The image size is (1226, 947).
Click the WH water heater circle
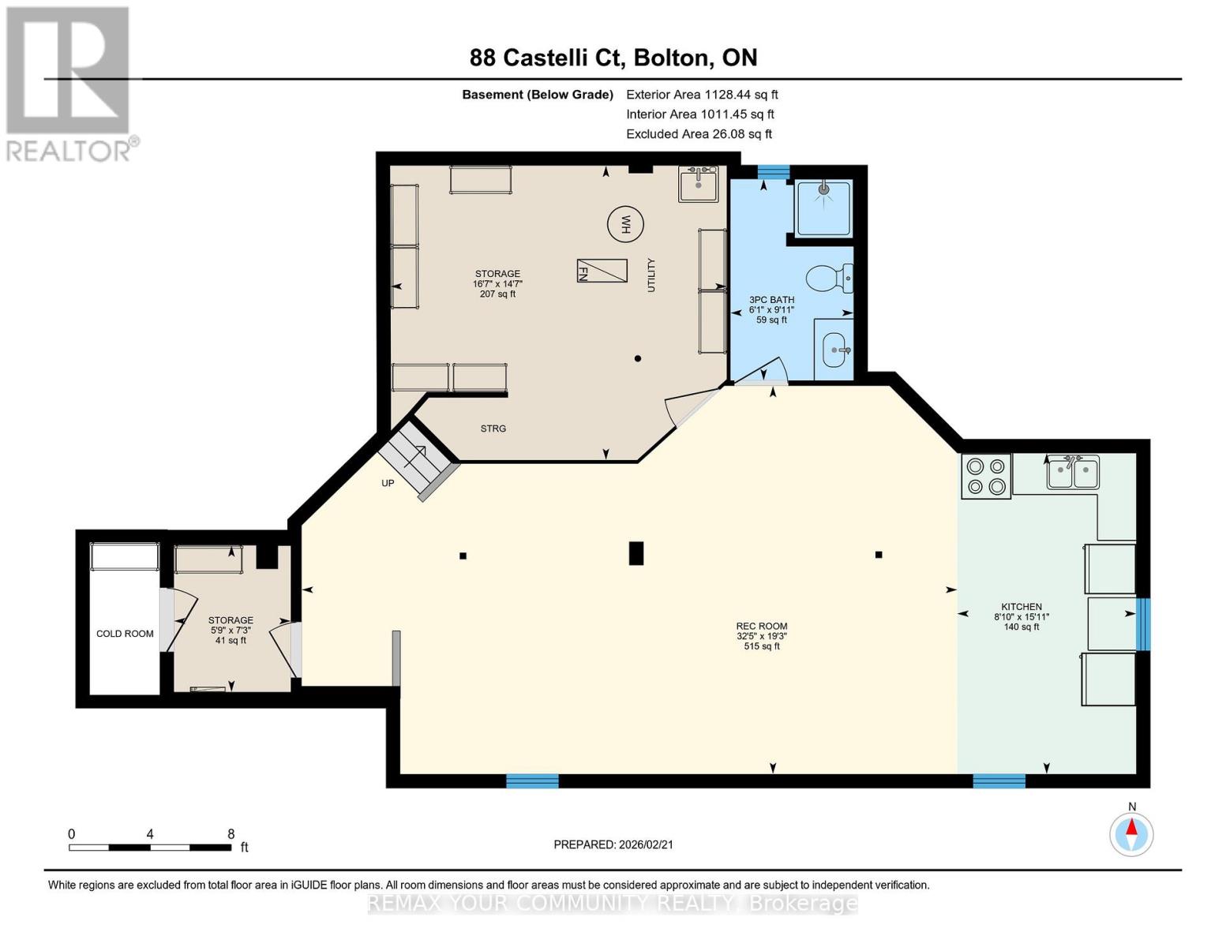625,224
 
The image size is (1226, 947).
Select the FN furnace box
602,271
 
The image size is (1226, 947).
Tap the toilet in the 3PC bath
828,278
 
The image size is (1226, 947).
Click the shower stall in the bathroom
823,208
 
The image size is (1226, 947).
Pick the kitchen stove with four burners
986,477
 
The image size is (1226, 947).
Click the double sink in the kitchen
1073,473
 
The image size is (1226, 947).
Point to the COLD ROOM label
125,634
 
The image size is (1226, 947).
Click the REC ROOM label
761,627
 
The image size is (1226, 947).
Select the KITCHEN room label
1022,607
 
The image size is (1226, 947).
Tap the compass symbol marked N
1131,833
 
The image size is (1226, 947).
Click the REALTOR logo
69,84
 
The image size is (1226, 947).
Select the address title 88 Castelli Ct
613,58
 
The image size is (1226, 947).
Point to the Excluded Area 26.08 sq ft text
699,134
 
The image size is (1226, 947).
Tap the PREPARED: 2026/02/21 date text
613,844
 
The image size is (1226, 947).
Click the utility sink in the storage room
699,185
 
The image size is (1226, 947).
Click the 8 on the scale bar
231,833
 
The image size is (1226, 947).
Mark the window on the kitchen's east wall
1142,624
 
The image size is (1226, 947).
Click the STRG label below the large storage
493,429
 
